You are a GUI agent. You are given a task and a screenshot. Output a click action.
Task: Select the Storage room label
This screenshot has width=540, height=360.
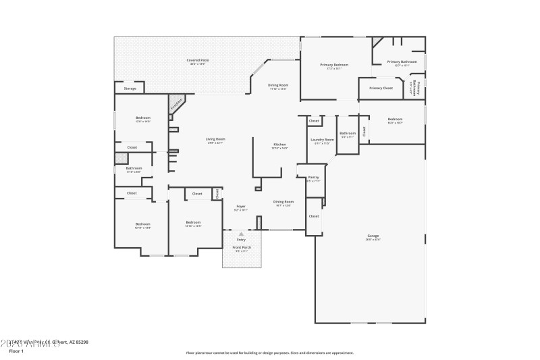pyautogui.click(x=130, y=88)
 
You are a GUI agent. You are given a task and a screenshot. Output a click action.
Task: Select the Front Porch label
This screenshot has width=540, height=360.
pyautogui.click(x=241, y=248)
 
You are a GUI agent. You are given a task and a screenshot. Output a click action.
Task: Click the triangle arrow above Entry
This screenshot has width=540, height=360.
pyautogui.click(x=241, y=234)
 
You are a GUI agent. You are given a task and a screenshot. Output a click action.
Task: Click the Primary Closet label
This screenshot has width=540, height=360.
pyautogui.click(x=381, y=88)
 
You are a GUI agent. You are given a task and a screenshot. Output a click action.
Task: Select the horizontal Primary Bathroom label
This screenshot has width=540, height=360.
pyautogui.click(x=402, y=62)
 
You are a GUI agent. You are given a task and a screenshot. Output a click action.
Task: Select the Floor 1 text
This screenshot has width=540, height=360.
pyautogui.click(x=16, y=351)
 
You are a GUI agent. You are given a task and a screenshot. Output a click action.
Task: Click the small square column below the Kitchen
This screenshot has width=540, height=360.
pyautogui.click(x=258, y=188)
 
